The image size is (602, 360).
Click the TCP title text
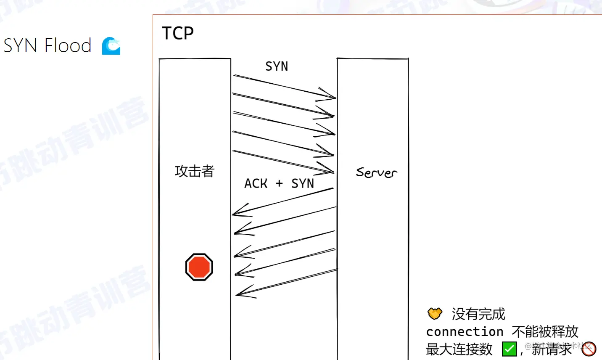click(178, 33)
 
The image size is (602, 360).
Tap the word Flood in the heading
click(68, 45)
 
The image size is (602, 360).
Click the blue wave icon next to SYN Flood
click(111, 46)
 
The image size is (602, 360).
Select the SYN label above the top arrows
click(277, 66)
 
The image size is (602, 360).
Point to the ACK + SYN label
click(279, 184)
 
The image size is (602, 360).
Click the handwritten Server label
click(376, 172)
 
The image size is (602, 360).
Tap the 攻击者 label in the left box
click(195, 171)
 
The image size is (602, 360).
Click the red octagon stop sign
click(199, 267)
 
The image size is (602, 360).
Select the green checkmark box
click(509, 349)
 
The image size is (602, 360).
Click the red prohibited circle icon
click(589, 349)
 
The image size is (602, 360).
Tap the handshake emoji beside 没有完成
click(435, 314)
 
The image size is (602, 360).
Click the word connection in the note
click(465, 332)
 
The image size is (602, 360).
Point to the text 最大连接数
click(459, 349)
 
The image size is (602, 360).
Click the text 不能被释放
click(545, 332)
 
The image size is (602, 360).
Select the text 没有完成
click(478, 314)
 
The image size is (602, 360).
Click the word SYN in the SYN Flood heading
click(20, 45)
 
